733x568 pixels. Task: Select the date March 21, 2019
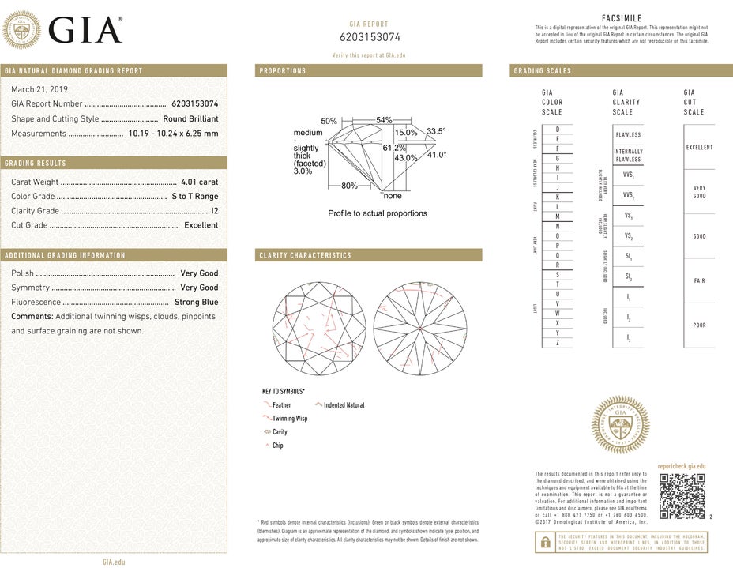point(39,88)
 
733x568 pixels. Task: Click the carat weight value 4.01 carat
point(199,182)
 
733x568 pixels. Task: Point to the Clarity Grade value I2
point(214,211)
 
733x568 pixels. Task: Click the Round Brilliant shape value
point(190,118)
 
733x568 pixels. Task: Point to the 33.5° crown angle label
point(437,130)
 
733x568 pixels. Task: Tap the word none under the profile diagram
point(393,196)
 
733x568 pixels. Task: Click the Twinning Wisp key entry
point(290,418)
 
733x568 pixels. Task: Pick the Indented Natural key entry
point(344,404)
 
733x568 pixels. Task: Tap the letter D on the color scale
point(558,130)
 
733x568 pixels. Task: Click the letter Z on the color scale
point(558,342)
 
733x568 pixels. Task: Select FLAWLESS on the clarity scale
point(628,135)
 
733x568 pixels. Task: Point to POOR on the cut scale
point(699,325)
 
